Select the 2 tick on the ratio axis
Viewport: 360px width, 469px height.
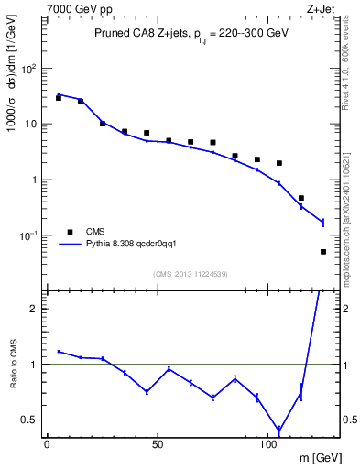(x=35, y=309)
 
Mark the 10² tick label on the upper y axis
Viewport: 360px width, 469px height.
(x=29, y=69)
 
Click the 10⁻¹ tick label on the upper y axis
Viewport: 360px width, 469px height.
(x=29, y=235)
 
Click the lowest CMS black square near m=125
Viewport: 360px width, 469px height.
(x=323, y=251)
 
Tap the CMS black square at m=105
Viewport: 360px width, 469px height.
(x=278, y=163)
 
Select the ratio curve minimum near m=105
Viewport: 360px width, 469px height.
(x=278, y=430)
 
